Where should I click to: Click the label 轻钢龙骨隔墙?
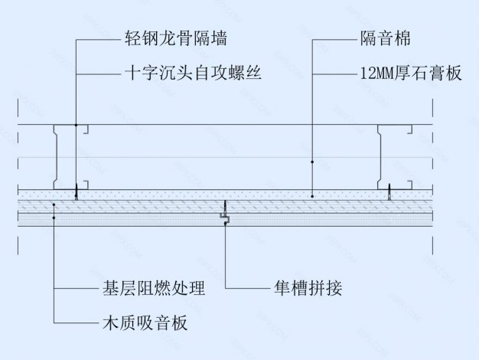175,38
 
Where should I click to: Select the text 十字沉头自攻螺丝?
193,74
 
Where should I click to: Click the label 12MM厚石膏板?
410,74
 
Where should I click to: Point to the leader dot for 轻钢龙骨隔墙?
77,125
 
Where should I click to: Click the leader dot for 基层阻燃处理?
54,205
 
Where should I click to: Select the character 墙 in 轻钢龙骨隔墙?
217,38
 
